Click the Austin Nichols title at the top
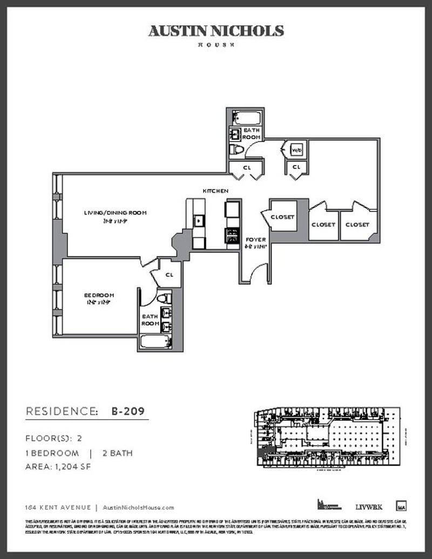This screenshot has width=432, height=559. point(216,31)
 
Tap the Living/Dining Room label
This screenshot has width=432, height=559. point(116,213)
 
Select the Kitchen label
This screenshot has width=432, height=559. point(215,191)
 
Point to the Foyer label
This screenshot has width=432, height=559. point(255,240)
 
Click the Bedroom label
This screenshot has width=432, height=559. point(99,295)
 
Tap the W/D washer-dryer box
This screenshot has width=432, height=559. point(296,149)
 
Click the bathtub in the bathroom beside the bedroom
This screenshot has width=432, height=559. point(156,342)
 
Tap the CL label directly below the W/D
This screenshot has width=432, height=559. point(296,167)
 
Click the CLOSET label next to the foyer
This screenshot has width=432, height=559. point(282,217)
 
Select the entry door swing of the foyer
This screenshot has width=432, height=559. point(259,272)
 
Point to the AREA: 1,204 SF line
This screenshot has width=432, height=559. point(58,467)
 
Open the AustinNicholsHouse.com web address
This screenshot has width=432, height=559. point(138,507)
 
